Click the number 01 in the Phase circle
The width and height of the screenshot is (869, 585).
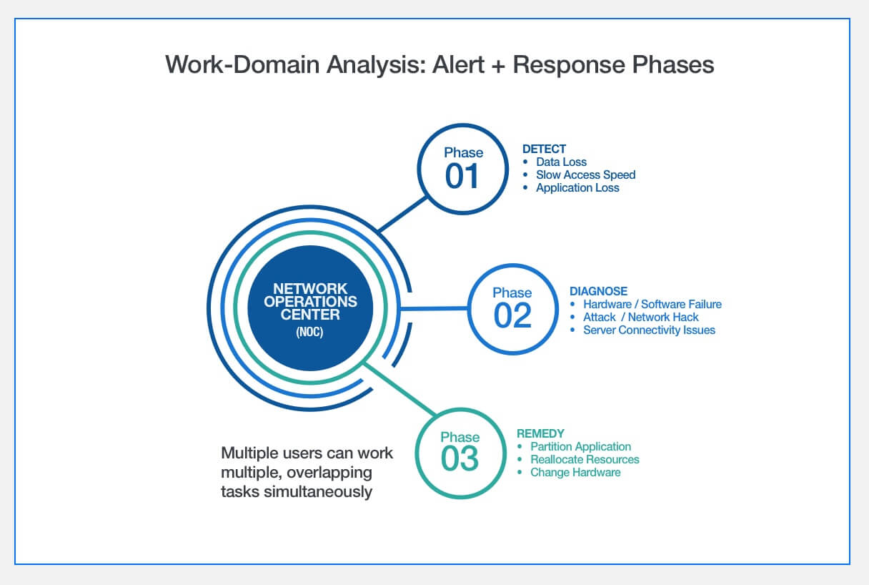[462, 175]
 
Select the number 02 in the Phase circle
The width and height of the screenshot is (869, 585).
[512, 315]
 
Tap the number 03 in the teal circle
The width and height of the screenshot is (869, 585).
[460, 458]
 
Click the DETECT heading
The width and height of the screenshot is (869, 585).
[544, 149]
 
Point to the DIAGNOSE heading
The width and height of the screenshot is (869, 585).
[598, 291]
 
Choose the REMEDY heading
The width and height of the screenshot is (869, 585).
[540, 433]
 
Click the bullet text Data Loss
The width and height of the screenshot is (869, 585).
[561, 162]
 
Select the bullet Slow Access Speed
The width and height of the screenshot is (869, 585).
[585, 175]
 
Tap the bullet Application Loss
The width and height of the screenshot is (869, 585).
[577, 188]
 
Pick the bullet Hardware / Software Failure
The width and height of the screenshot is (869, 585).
[652, 305]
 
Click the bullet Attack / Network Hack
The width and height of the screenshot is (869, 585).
[640, 318]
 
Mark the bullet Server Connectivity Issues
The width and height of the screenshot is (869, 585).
[649, 330]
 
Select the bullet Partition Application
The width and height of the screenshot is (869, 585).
[580, 447]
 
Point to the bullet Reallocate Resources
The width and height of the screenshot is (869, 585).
[585, 460]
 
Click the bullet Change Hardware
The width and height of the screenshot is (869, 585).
[575, 473]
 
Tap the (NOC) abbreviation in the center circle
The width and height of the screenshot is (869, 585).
[309, 333]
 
